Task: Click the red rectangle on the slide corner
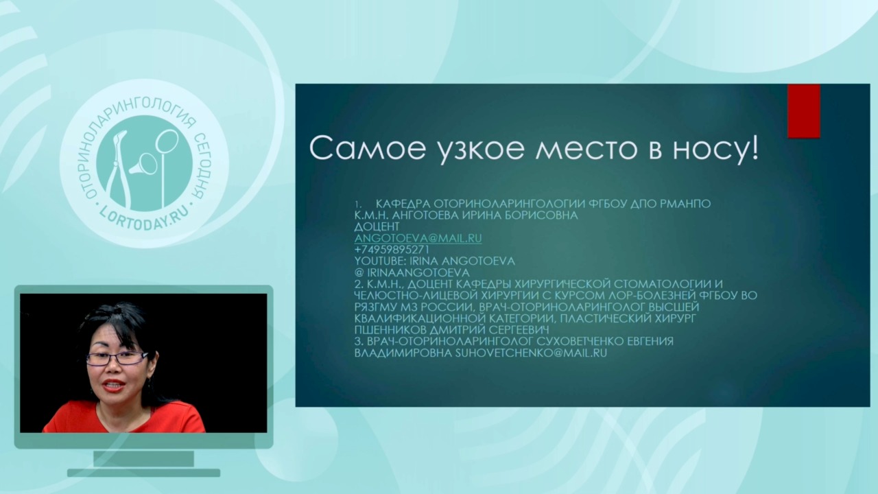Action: coord(804,111)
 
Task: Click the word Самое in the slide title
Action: coord(368,149)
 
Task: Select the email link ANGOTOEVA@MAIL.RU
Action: coord(418,238)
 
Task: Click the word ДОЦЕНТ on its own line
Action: coord(377,226)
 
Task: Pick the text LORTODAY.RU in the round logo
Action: coord(144,220)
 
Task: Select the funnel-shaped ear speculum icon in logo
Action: coord(143,165)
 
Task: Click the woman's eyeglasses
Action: coord(117,358)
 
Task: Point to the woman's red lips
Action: coord(115,386)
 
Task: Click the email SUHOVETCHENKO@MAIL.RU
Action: coord(531,353)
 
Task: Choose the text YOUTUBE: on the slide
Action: coord(376,261)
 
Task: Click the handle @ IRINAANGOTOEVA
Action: coord(412,272)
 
